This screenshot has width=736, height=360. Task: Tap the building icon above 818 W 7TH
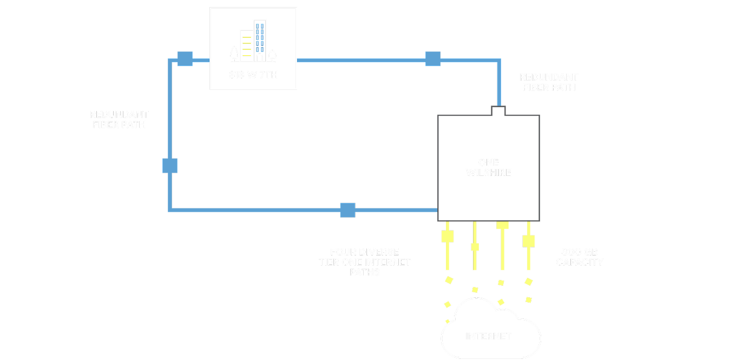pyautogui.click(x=253, y=42)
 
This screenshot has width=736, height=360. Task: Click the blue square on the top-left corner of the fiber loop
pyautogui.click(x=185, y=58)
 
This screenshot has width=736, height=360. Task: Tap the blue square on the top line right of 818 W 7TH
pyautogui.click(x=432, y=58)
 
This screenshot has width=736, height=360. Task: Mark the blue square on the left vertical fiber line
pyautogui.click(x=170, y=166)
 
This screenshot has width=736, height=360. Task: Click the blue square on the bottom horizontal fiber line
pyautogui.click(x=347, y=210)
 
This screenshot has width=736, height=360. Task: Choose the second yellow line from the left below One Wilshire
pyautogui.click(x=475, y=246)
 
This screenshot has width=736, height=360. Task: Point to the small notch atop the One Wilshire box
pyautogui.click(x=498, y=110)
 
